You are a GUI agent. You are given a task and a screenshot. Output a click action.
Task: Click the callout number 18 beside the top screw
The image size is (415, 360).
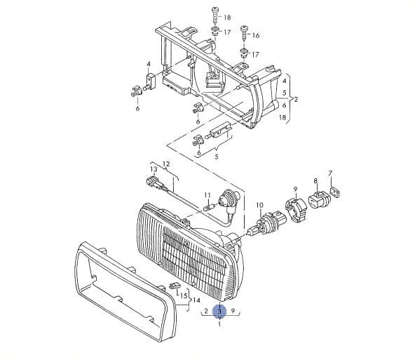[x=227, y=18]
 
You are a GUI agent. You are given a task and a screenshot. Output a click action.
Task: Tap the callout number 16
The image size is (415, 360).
[x=256, y=35]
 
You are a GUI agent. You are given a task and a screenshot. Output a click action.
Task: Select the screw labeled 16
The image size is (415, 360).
[x=244, y=33]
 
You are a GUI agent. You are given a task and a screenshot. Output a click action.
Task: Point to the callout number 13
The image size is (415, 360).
[x=154, y=168]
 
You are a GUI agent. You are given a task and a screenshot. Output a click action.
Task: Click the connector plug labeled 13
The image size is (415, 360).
[x=157, y=183]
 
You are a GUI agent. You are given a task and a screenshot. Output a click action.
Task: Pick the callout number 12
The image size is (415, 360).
[x=166, y=164]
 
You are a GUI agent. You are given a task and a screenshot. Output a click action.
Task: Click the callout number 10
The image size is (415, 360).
[x=260, y=205]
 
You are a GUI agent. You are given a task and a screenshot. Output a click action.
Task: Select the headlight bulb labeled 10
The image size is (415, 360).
[x=266, y=223]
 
